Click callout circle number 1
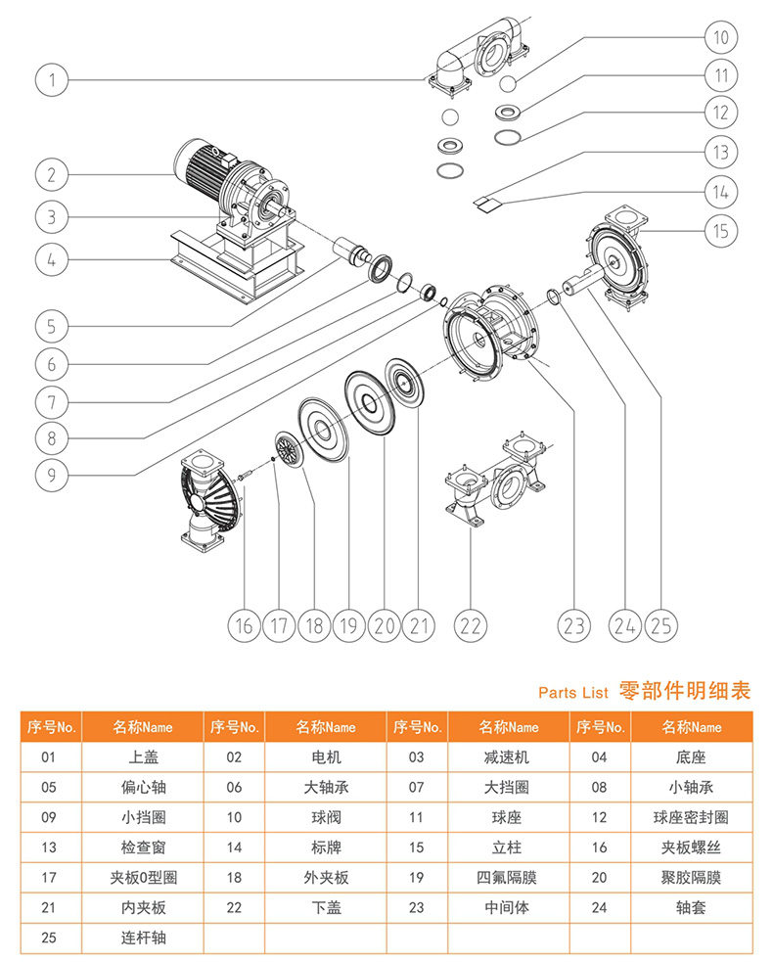point(53,79)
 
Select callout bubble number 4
point(53,259)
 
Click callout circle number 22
point(472,623)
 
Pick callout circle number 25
point(661,623)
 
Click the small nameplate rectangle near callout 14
point(486,202)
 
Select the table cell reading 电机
point(325,756)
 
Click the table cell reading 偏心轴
point(143,787)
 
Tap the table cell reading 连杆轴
point(143,938)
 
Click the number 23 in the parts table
point(417,907)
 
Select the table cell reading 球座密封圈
point(692,817)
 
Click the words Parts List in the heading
point(573,691)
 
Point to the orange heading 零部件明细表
point(685,690)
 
